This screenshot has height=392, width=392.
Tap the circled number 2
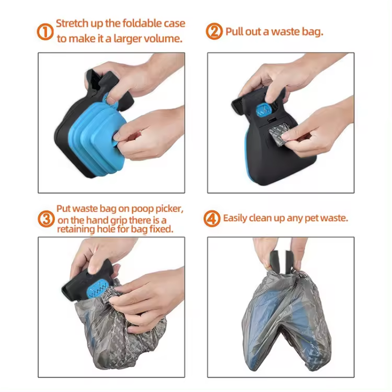tap(214, 31)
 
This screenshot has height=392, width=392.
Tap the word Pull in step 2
tap(234, 32)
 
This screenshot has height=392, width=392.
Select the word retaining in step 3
tap(78, 229)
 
